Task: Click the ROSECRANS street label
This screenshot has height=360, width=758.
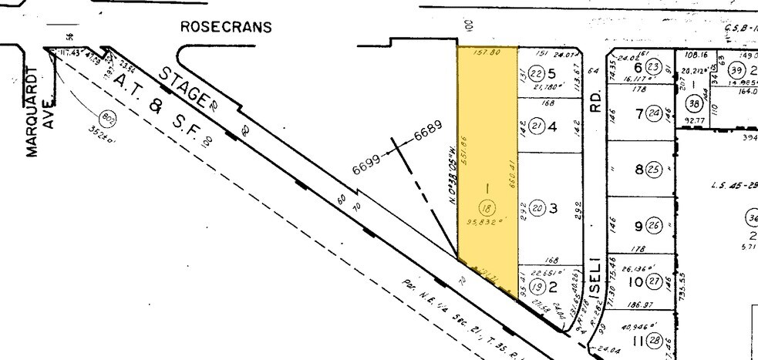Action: click(226, 27)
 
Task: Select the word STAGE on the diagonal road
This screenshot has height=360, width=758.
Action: click(185, 87)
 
